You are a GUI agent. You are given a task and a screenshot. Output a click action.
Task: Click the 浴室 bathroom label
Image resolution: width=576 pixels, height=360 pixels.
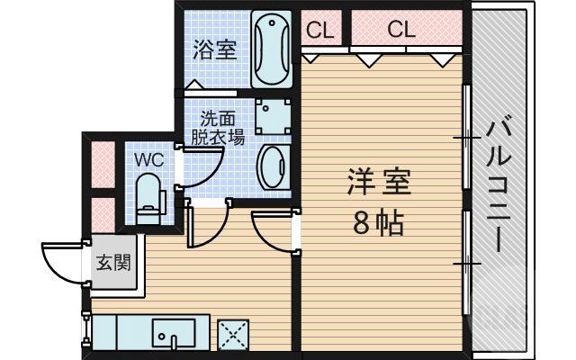pyautogui.click(x=214, y=49)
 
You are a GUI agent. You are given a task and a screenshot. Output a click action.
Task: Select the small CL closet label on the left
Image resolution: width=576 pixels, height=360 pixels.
pyautogui.click(x=319, y=30)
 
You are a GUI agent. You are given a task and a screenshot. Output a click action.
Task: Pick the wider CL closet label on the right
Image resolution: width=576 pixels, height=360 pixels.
pyautogui.click(x=401, y=30)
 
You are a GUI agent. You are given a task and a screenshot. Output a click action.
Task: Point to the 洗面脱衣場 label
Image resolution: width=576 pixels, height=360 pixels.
pyautogui.click(x=217, y=128)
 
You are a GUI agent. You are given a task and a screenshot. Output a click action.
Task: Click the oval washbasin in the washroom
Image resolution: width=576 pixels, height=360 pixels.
pyautogui.click(x=272, y=166)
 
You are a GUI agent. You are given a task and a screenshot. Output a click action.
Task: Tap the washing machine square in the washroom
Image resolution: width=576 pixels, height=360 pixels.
pyautogui.click(x=271, y=114)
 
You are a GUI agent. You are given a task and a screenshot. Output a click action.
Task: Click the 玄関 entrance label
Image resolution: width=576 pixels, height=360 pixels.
pyautogui.click(x=114, y=264)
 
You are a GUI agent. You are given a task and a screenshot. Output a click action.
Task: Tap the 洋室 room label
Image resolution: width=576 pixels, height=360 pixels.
pyautogui.click(x=378, y=183)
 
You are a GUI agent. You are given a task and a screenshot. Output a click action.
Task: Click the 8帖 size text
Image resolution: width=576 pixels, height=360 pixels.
pyautogui.click(x=378, y=224)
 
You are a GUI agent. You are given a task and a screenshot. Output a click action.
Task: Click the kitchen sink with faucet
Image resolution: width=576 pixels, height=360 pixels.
pyautogui.click(x=172, y=336)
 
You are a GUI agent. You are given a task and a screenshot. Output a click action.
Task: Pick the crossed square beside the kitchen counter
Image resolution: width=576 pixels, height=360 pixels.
pyautogui.click(x=234, y=337)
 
